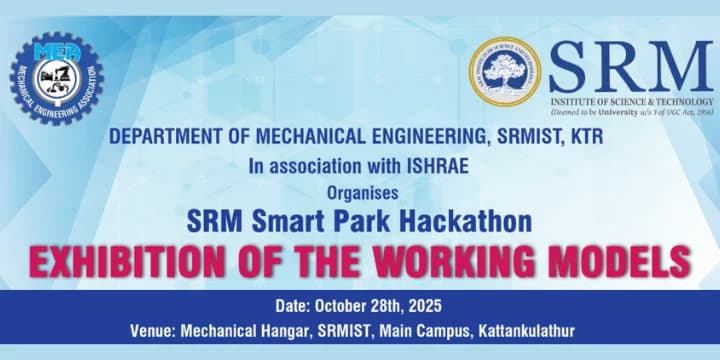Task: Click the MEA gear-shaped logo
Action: (56, 78)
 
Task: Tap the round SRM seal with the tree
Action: (505, 71)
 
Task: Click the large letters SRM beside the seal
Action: (631, 67)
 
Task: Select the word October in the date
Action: (346, 306)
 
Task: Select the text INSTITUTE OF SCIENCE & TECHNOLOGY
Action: (631, 102)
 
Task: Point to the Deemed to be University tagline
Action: (631, 113)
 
